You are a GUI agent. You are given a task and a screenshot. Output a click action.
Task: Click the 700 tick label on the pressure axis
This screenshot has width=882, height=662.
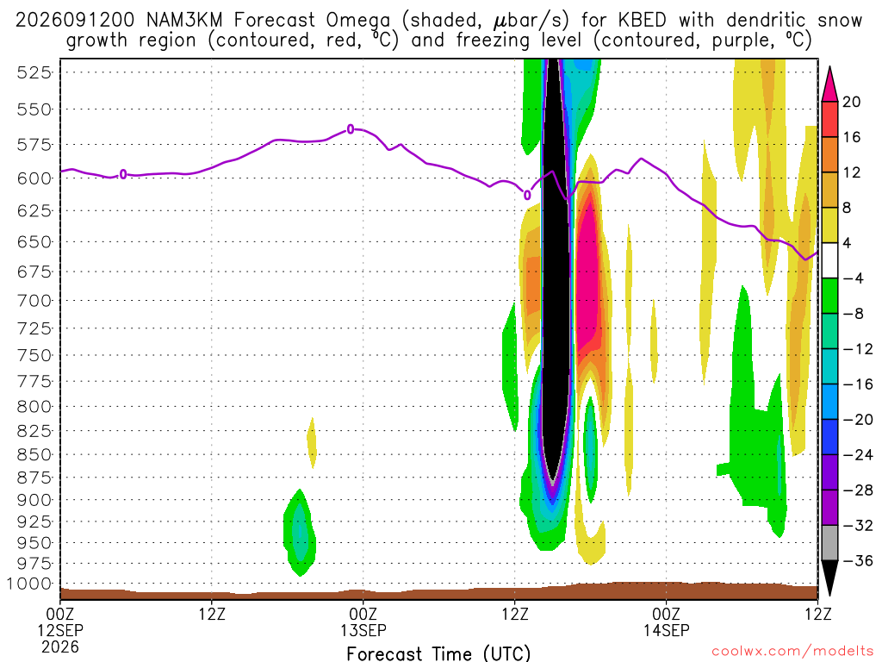pos(34,301)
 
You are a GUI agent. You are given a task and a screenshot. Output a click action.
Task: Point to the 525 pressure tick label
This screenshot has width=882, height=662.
pos(34,72)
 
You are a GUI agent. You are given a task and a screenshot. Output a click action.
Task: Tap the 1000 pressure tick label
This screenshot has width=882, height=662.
pos(29,584)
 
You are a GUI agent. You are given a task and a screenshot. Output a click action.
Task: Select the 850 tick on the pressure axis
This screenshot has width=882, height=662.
pos(34,454)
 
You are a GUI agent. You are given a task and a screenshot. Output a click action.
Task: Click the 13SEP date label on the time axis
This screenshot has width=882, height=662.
pos(363,630)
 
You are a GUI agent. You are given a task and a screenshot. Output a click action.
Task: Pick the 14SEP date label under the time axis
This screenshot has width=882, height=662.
pos(667,630)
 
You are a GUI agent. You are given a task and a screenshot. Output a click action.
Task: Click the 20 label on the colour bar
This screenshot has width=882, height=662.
pos(852,102)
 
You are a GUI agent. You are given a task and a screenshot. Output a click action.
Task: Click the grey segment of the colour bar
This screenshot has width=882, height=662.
pos(829,543)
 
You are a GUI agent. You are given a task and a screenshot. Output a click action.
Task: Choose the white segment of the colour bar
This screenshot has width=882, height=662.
pos(829,260)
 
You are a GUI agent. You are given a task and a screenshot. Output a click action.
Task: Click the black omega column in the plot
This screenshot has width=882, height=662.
pos(556,270)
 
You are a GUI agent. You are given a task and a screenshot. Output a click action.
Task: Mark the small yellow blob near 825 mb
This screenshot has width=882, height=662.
pos(312,442)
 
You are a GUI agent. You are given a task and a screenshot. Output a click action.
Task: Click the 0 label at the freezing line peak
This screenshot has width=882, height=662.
pos(351,129)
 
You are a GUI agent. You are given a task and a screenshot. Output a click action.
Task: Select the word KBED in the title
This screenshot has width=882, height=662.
pos(643,21)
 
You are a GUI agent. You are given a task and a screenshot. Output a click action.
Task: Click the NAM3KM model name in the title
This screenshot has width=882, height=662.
pos(184,21)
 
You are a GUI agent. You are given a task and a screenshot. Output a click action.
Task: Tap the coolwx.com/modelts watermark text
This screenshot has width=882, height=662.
pos(792,652)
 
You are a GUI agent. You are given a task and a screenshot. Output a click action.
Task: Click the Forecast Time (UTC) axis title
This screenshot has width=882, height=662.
pos(438,653)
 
